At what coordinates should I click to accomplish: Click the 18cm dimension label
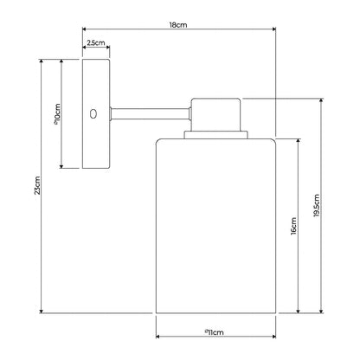click(178, 25)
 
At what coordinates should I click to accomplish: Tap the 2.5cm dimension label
click(96, 42)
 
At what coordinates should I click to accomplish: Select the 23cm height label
click(37, 185)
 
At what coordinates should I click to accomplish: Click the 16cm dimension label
click(293, 226)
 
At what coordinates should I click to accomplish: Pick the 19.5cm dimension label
click(317, 205)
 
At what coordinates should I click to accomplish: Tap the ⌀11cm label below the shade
click(215, 332)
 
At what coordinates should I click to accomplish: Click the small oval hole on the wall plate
click(93, 113)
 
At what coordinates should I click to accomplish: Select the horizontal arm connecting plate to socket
click(150, 113)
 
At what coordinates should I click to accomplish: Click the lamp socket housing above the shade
click(215, 114)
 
